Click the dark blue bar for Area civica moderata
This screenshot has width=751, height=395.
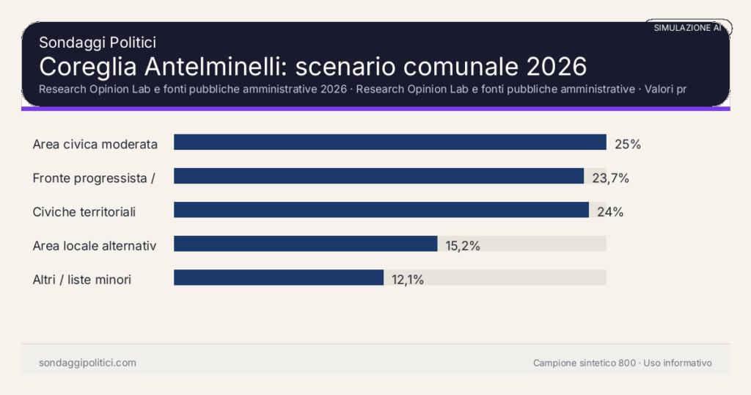(389, 142)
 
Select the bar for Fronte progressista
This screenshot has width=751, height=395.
(378, 176)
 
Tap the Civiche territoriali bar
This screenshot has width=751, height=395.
(381, 210)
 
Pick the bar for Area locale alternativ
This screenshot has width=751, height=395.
(305, 244)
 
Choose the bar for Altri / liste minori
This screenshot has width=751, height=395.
(279, 278)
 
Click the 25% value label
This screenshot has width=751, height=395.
(628, 145)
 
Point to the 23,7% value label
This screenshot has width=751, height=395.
(611, 178)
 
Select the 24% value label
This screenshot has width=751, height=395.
(610, 212)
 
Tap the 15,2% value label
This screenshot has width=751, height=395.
(463, 246)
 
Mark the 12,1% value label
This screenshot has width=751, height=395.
(407, 280)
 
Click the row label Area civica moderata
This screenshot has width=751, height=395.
(95, 145)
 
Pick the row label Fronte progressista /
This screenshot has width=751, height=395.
(94, 178)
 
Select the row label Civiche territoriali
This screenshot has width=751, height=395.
(84, 212)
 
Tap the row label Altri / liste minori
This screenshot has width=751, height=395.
(82, 280)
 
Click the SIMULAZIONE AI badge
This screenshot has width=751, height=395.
(687, 27)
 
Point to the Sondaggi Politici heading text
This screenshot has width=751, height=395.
(97, 43)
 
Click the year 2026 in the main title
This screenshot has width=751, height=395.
(557, 66)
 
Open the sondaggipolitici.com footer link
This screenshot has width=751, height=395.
(87, 363)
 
